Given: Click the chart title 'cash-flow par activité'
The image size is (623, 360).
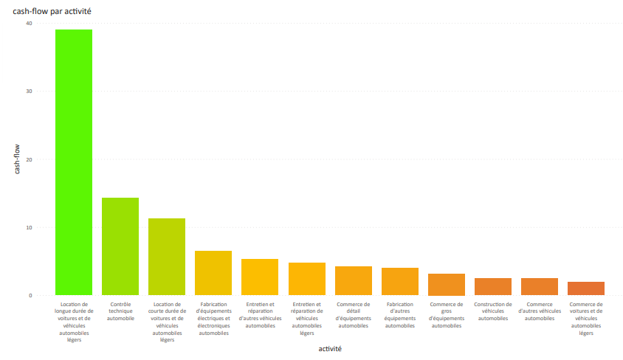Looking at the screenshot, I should [x=52, y=11].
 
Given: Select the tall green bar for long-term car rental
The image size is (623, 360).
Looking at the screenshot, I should [x=74, y=162].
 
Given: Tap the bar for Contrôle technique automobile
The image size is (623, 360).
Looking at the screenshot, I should [x=120, y=246].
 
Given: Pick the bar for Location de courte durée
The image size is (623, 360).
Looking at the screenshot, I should [x=167, y=257].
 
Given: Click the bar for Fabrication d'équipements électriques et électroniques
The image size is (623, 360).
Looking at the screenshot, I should [x=213, y=273].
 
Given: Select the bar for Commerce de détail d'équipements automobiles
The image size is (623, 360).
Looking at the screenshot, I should [x=354, y=281].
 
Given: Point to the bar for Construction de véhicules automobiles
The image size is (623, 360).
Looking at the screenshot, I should [x=493, y=287].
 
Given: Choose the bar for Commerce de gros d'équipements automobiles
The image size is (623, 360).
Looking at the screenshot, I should [x=447, y=285].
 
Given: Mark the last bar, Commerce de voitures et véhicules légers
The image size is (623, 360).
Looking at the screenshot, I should [x=586, y=288].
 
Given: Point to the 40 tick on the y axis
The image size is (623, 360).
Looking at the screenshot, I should [x=29, y=24].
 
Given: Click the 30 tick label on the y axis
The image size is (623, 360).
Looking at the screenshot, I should [x=29, y=91].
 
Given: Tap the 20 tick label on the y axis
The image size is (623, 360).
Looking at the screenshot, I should [x=29, y=159].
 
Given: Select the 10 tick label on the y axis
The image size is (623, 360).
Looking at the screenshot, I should [x=29, y=227].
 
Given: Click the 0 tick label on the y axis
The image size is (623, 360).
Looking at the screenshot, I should [x=30, y=295].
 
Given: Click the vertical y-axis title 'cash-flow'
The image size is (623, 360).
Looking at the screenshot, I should [x=18, y=159].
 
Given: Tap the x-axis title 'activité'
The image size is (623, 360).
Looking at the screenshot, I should [x=330, y=348].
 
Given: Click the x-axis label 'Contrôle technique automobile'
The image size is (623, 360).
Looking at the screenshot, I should [x=120, y=311].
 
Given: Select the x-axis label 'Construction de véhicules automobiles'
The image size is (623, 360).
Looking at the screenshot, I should [x=493, y=311].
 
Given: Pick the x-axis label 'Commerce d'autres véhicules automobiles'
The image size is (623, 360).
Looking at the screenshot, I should [x=540, y=311].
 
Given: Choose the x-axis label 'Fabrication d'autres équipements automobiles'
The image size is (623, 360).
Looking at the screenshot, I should [x=400, y=315].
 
